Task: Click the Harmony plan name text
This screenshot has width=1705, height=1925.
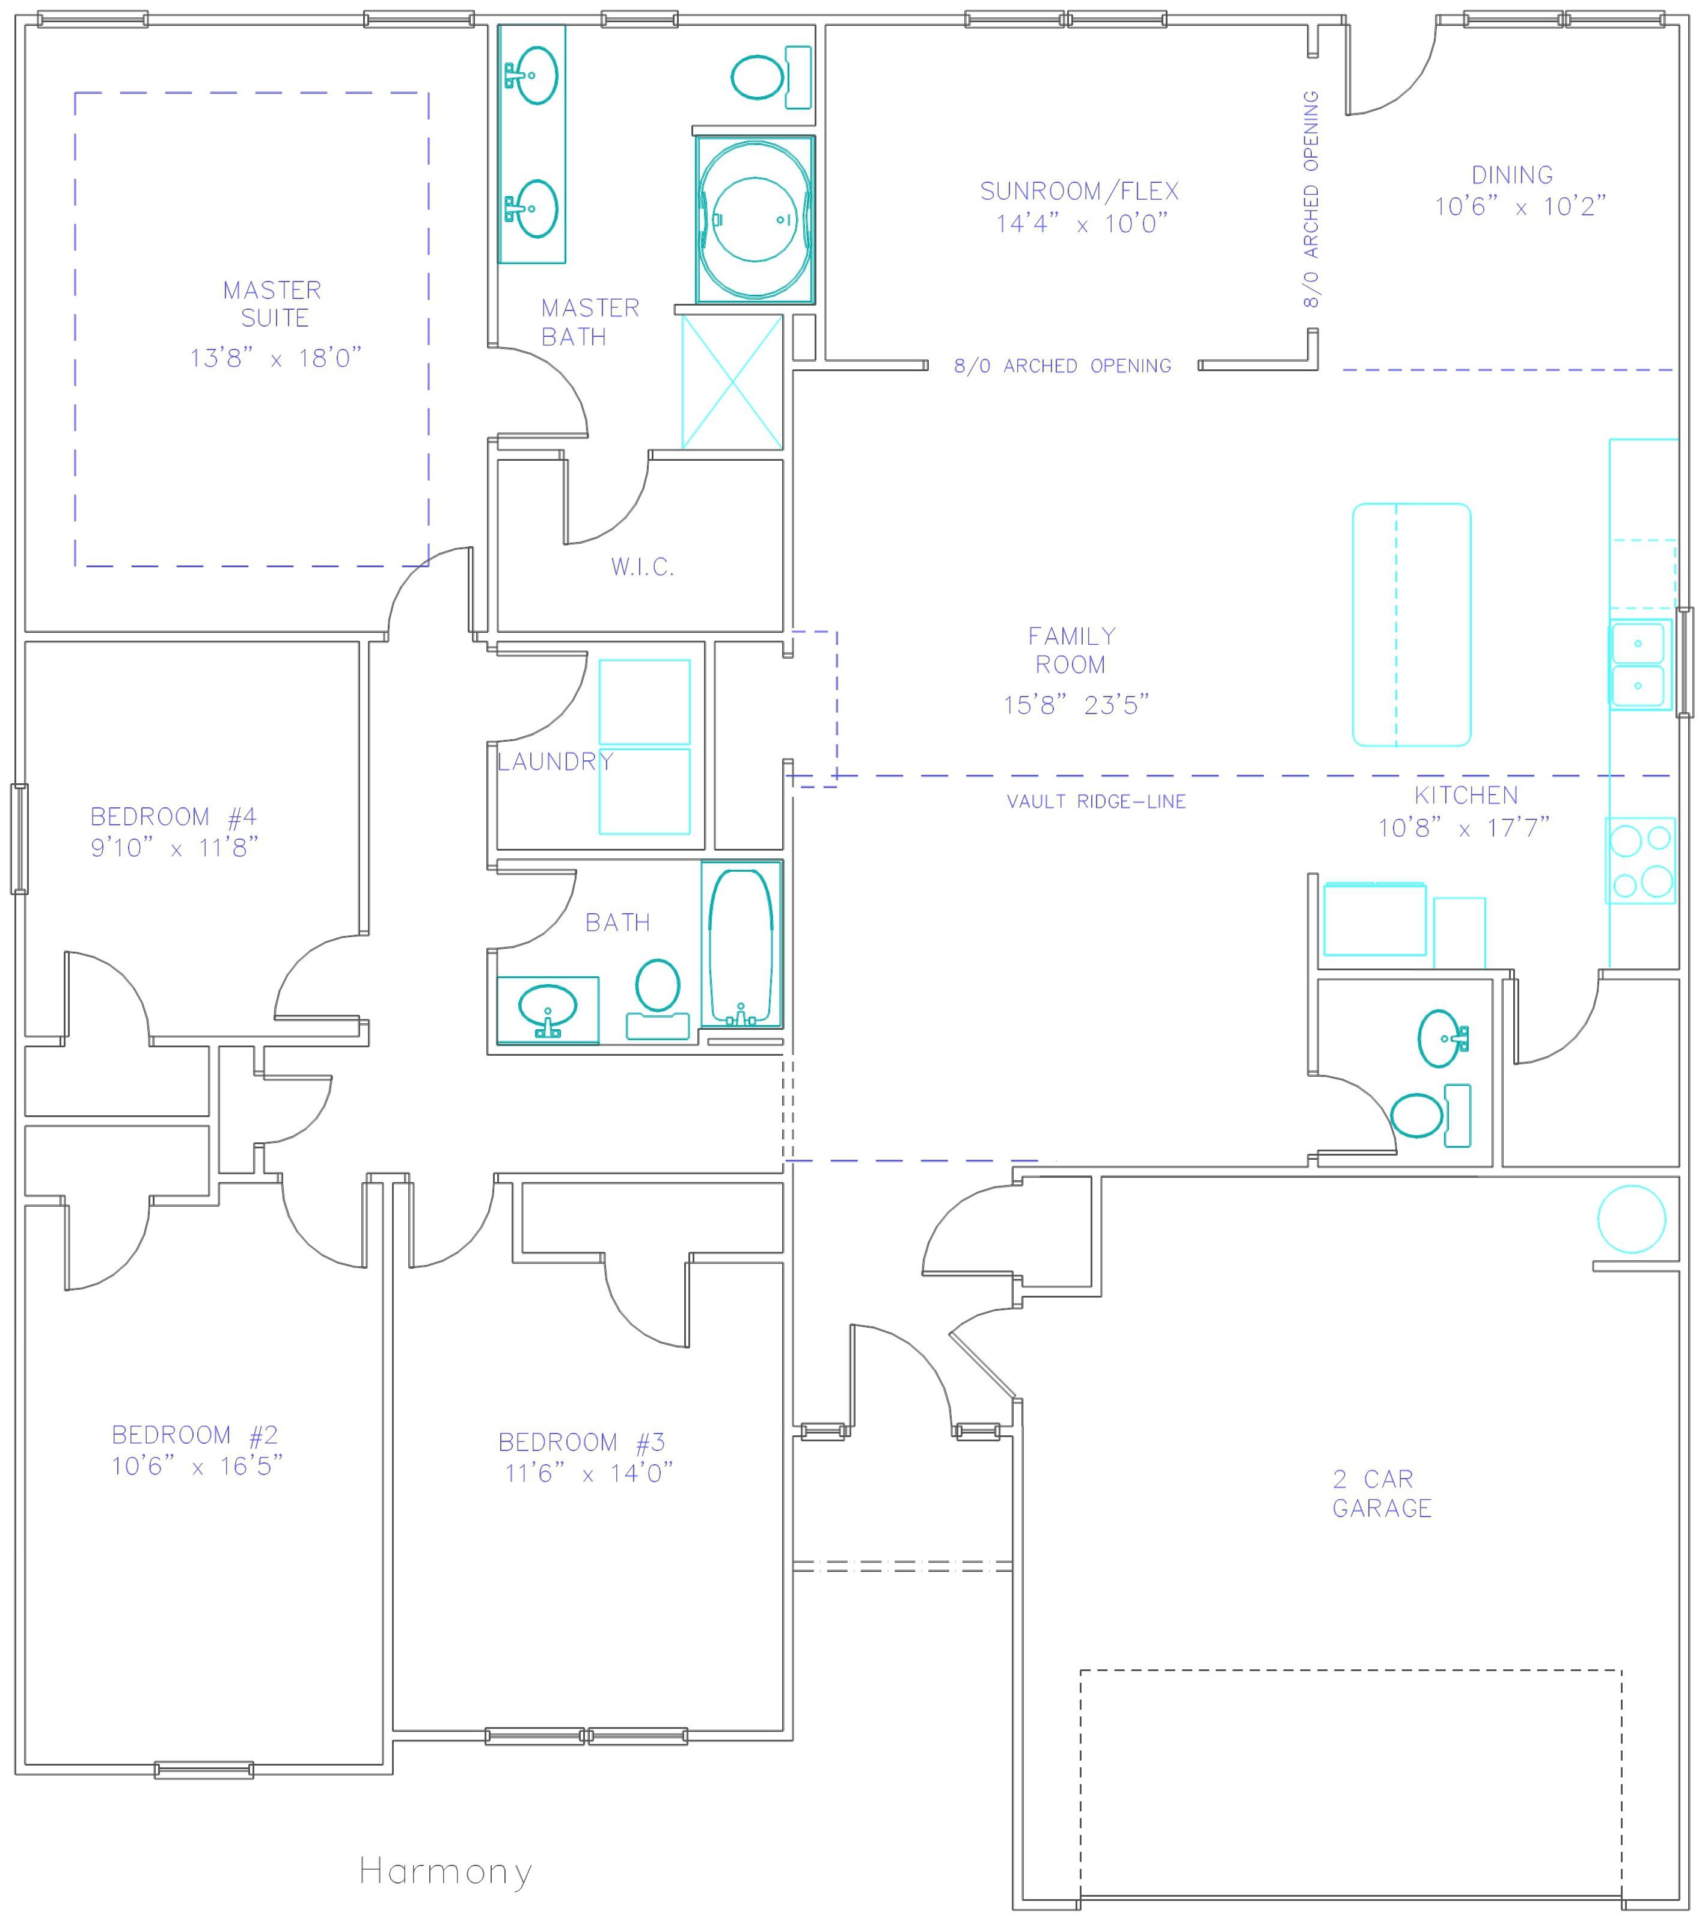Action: pyautogui.click(x=445, y=1871)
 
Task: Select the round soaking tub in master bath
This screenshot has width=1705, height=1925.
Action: pyautogui.click(x=755, y=220)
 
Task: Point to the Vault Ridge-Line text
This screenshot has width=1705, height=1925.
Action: pyautogui.click(x=1096, y=801)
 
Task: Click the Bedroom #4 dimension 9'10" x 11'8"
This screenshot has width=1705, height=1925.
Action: pyautogui.click(x=174, y=848)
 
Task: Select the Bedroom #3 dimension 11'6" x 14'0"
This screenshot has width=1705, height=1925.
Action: pyautogui.click(x=589, y=1473)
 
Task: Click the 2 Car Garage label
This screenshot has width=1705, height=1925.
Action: pyautogui.click(x=1381, y=1494)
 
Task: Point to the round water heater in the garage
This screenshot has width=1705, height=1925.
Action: pyautogui.click(x=1632, y=1219)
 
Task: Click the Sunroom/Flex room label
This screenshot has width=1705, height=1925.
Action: pyautogui.click(x=1080, y=191)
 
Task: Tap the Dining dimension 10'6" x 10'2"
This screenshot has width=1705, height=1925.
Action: pyautogui.click(x=1520, y=206)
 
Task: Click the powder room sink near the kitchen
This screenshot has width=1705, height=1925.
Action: pyautogui.click(x=1442, y=1039)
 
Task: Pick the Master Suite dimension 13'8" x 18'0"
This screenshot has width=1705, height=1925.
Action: pyautogui.click(x=276, y=358)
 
